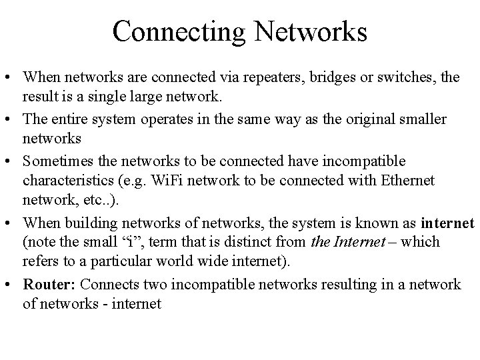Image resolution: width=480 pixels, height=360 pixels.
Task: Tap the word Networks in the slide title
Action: [311, 30]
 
